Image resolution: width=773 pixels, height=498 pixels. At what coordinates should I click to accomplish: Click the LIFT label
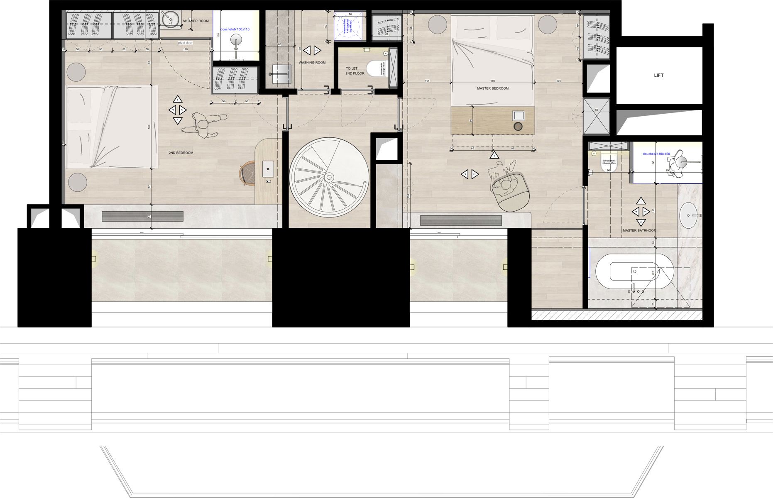tap(658, 75)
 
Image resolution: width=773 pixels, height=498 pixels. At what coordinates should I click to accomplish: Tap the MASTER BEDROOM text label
tap(492, 88)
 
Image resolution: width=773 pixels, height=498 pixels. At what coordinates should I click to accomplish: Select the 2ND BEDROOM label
tap(181, 153)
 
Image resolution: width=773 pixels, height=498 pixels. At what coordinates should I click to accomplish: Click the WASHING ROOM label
tap(312, 63)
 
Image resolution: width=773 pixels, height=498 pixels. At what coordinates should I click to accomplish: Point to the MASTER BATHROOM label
tap(639, 230)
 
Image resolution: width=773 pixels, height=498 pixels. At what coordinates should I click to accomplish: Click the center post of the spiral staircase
tap(329, 177)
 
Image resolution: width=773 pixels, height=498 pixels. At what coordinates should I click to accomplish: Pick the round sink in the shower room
tap(170, 19)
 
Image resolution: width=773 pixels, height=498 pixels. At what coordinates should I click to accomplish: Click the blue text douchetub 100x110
tap(235, 29)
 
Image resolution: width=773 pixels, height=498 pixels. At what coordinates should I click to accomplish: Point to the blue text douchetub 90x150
tap(656, 154)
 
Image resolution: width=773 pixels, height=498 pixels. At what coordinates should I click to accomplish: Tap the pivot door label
tap(185, 43)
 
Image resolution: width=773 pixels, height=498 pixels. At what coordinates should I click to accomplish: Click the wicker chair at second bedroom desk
tap(248, 173)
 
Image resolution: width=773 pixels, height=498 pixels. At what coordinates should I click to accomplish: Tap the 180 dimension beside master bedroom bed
tap(492, 81)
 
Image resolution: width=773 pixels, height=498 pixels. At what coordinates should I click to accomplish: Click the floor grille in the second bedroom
tap(142, 217)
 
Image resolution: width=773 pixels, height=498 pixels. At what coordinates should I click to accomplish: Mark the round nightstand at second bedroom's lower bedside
tap(78, 182)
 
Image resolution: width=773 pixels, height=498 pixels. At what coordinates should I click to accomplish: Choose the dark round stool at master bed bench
tap(518, 127)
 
